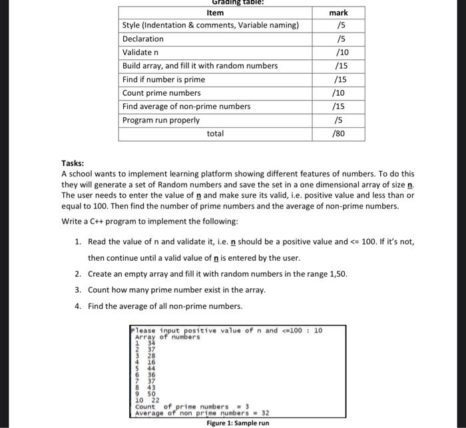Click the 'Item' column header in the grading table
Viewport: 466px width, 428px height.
(x=215, y=13)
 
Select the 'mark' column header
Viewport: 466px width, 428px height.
(x=338, y=13)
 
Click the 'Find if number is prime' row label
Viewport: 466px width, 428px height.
(x=164, y=80)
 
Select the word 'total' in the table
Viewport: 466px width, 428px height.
(x=215, y=134)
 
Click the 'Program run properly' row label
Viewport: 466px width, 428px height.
(x=160, y=120)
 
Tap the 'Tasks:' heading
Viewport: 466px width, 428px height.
(x=73, y=163)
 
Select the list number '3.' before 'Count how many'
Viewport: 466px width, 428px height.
(x=78, y=290)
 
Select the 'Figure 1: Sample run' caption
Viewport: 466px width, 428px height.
(x=238, y=423)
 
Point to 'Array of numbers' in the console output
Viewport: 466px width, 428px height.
(x=167, y=337)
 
